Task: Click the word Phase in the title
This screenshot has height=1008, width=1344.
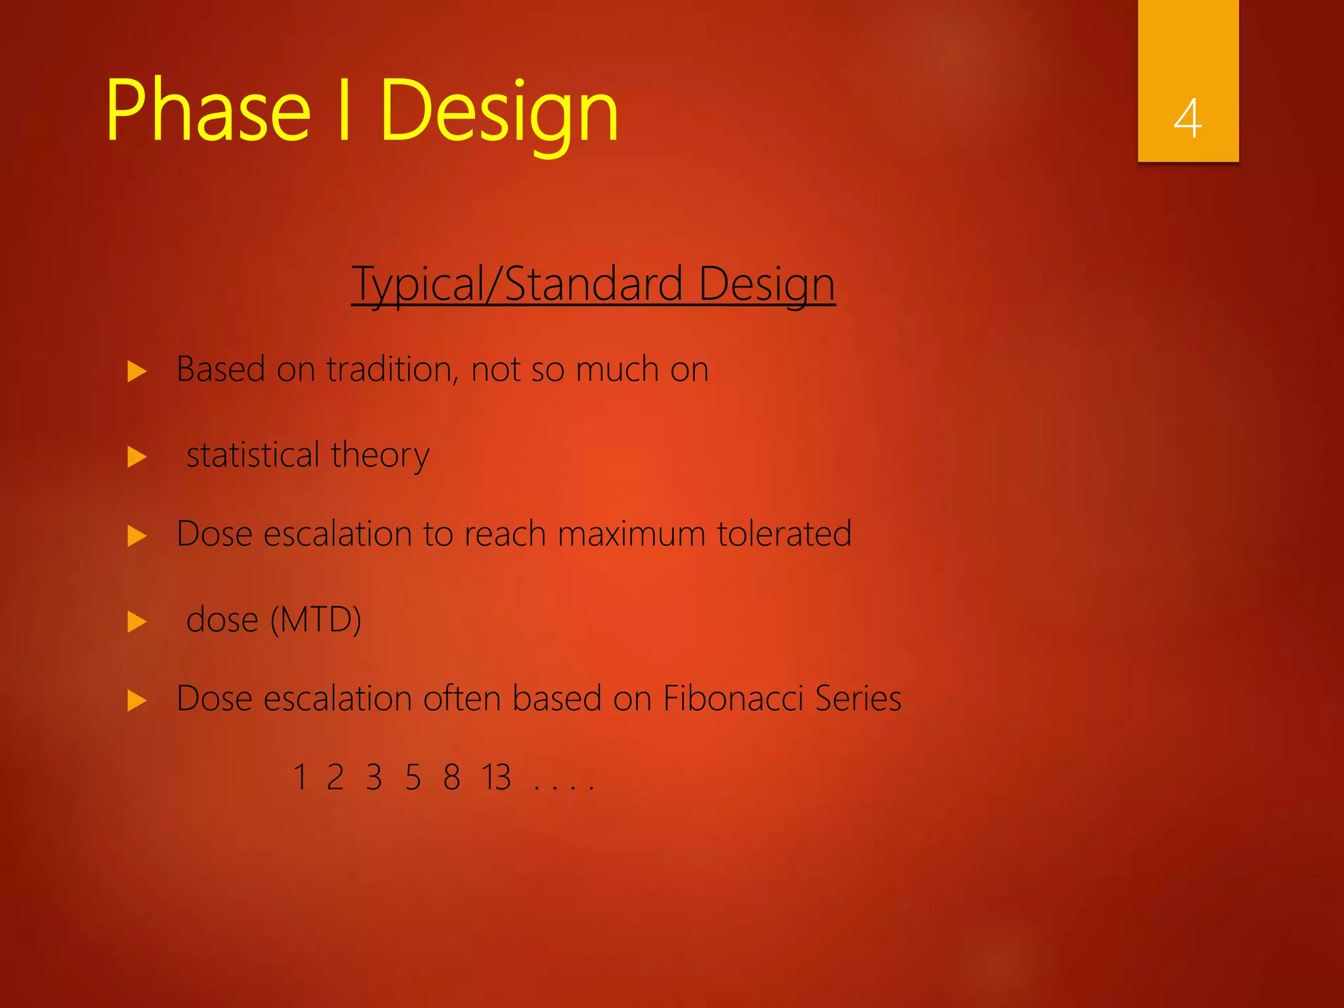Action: click(x=207, y=110)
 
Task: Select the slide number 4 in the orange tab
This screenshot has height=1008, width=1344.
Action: click(x=1187, y=119)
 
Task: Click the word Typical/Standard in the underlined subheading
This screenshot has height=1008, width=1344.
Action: click(x=517, y=285)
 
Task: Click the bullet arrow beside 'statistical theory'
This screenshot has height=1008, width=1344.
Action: click(x=137, y=457)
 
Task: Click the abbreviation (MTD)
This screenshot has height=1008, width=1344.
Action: click(x=316, y=620)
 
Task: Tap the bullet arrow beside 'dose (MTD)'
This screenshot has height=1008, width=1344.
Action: click(x=137, y=621)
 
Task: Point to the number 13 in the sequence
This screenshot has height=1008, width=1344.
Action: click(x=496, y=778)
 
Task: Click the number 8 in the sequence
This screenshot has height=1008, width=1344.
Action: click(x=451, y=778)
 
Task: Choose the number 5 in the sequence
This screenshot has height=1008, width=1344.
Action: click(x=413, y=778)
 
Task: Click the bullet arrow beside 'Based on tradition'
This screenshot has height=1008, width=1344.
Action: click(x=137, y=371)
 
